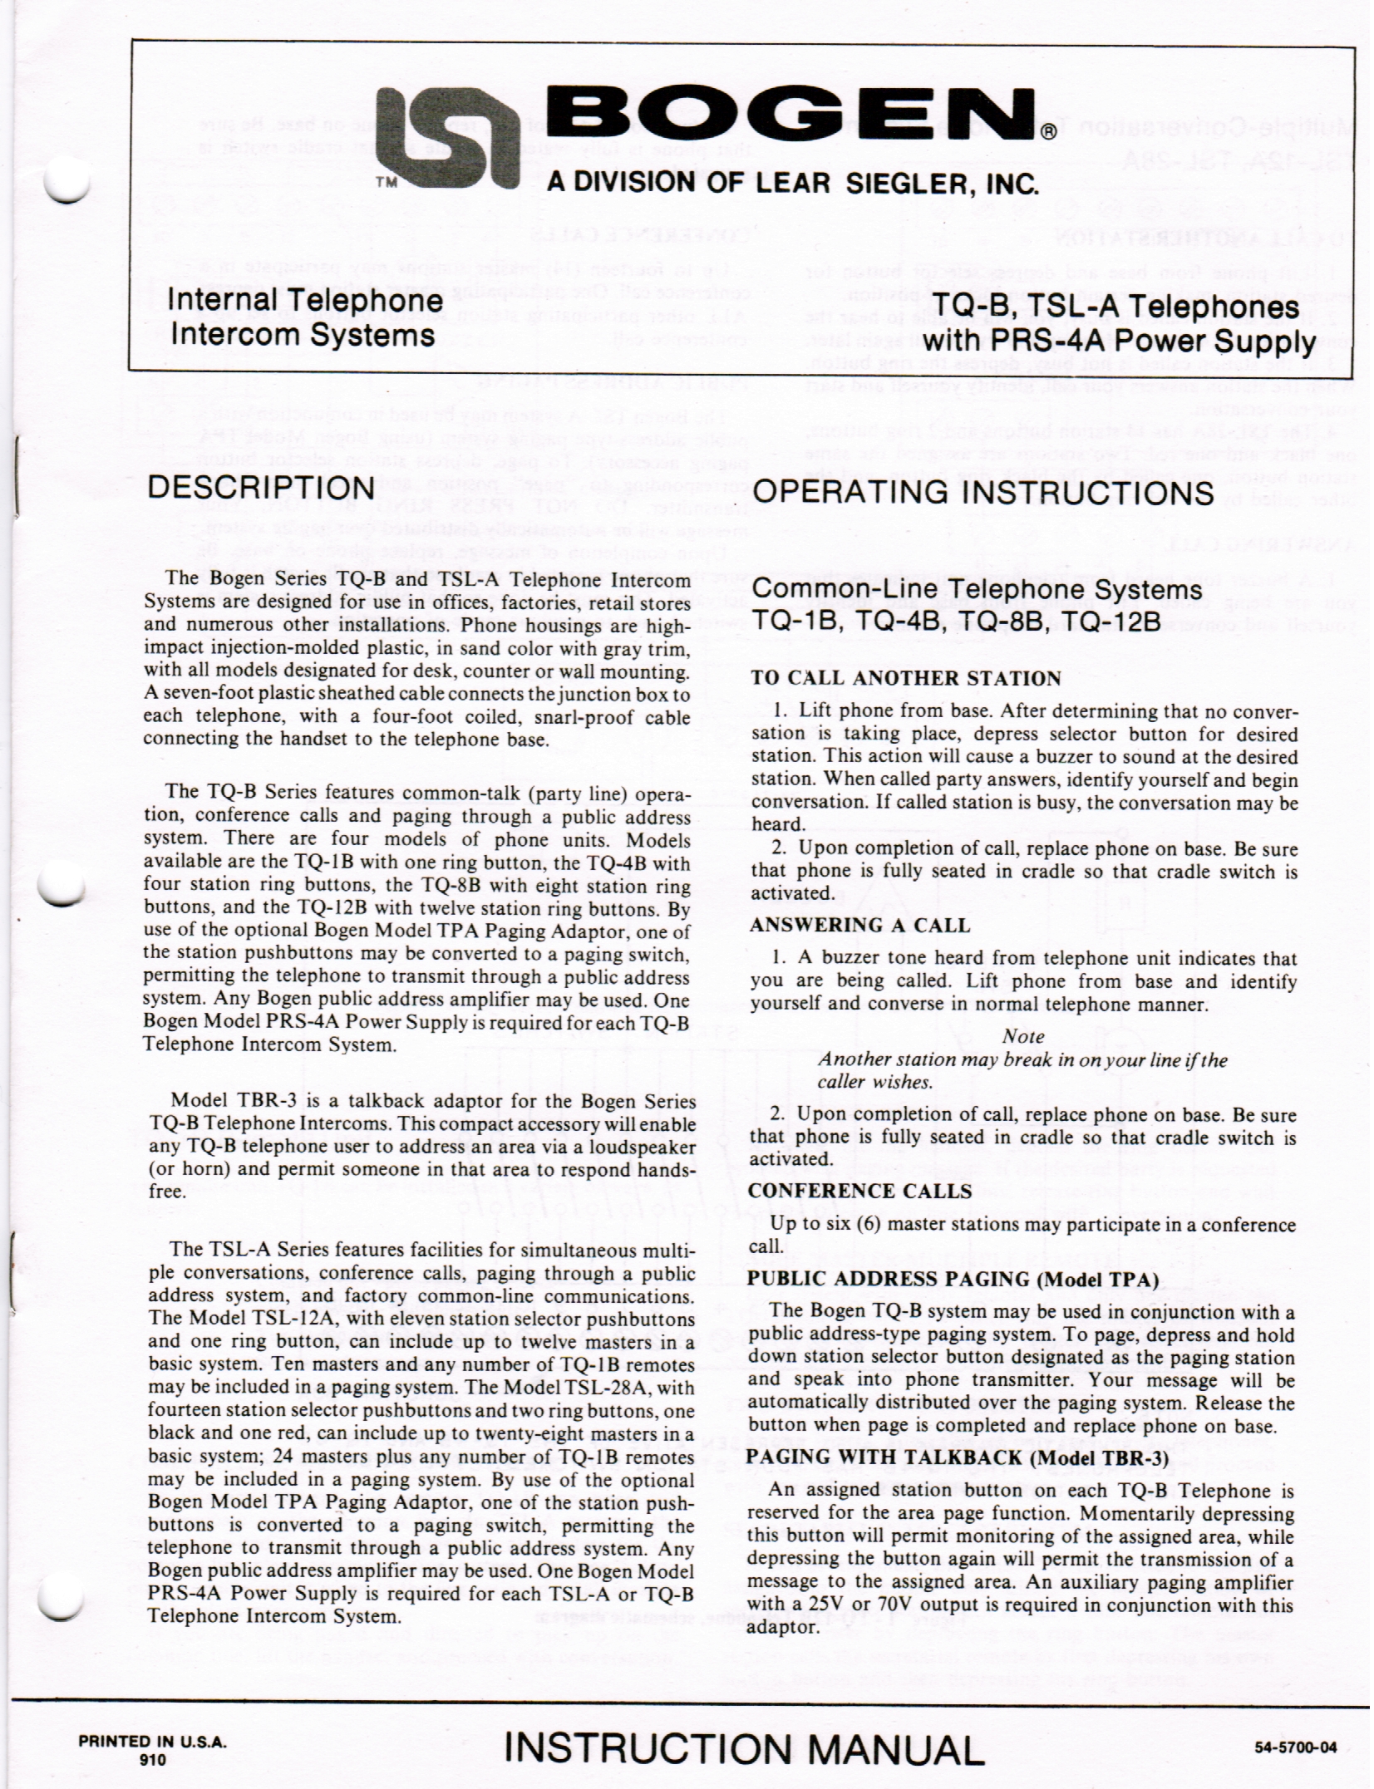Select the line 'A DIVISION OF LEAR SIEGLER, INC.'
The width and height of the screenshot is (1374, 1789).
point(792,184)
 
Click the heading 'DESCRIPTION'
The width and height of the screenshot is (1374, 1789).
point(260,488)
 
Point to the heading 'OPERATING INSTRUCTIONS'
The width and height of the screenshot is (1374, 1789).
point(982,493)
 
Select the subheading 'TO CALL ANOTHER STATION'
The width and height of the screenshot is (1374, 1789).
point(906,678)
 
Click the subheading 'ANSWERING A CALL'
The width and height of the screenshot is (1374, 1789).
point(859,925)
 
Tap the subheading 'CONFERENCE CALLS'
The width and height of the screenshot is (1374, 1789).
point(859,1191)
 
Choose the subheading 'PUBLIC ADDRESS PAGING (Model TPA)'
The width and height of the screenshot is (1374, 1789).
point(953,1279)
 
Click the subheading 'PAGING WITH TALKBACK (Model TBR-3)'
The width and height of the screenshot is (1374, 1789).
point(958,1457)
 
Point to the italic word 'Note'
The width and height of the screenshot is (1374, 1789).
point(1022,1036)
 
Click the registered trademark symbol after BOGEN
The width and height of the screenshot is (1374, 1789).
point(1051,131)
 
